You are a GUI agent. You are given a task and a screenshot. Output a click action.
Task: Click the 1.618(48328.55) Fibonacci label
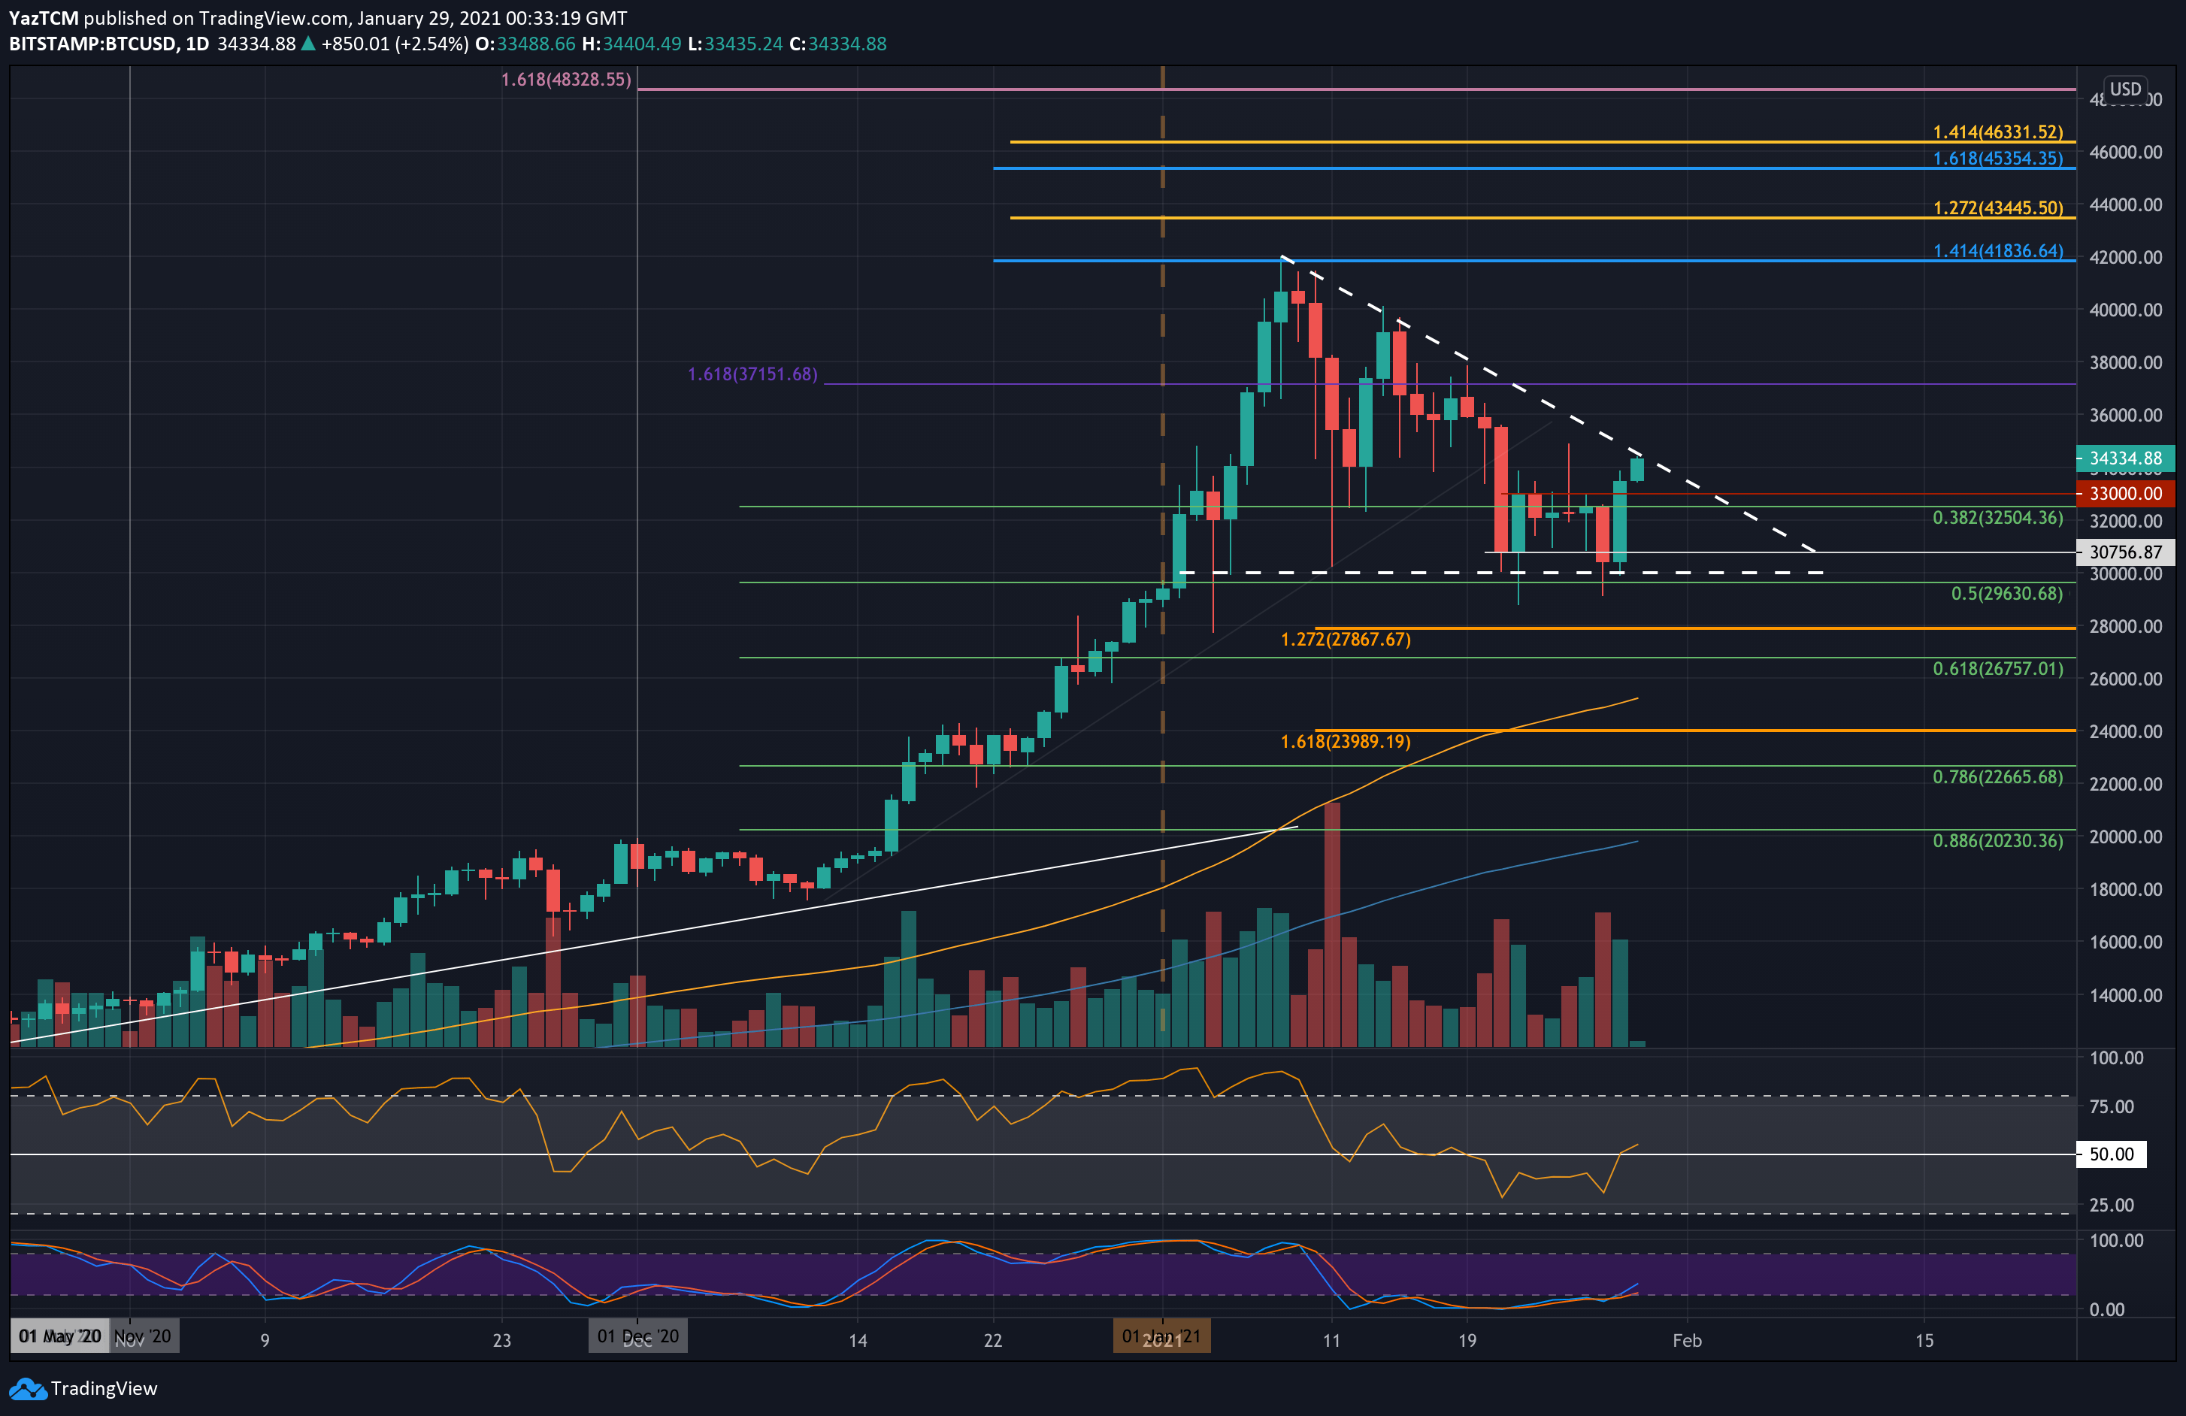coord(566,80)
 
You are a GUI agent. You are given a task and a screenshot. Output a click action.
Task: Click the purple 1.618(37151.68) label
coord(752,374)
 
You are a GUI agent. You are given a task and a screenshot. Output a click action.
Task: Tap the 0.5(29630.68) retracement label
coord(2006,593)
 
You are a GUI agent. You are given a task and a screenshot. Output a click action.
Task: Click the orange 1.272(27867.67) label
coord(1345,639)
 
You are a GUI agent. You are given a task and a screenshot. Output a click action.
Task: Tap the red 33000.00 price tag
coord(2124,493)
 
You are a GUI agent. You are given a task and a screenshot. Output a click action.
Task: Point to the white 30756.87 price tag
coord(2124,552)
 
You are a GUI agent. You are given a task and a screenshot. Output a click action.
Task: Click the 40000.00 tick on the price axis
coord(2124,310)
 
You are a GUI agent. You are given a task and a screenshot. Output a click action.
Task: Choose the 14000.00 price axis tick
coord(2124,994)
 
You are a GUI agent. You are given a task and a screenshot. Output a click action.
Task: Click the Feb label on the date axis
coord(1686,1340)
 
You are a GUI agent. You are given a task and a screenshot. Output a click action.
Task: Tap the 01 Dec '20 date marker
coord(637,1336)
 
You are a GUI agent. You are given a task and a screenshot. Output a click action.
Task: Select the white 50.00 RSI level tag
coord(2111,1154)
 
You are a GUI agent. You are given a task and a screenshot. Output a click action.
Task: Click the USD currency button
coord(2124,89)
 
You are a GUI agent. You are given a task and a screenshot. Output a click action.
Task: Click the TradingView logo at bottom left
coord(83,1388)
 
